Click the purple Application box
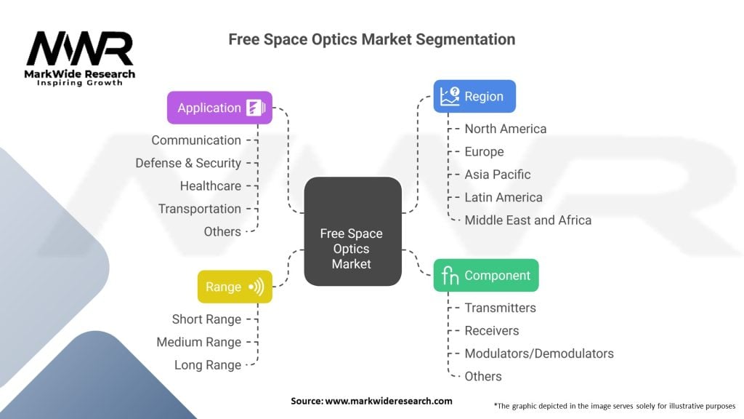click(219, 108)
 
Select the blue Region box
click(474, 97)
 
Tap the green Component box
click(486, 276)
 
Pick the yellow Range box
click(235, 287)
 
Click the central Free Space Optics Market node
click(352, 231)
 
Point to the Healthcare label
click(210, 186)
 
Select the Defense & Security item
click(188, 164)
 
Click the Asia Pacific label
click(497, 175)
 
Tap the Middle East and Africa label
click(527, 220)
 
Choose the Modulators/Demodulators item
click(539, 354)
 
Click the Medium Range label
click(199, 342)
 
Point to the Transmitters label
click(500, 308)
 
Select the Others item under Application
click(222, 232)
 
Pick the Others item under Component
click(483, 376)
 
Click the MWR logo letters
click(80, 49)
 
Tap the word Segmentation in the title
click(466, 39)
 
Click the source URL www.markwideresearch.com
click(389, 401)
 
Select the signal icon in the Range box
click(256, 287)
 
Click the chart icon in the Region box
click(449, 97)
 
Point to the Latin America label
click(504, 198)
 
